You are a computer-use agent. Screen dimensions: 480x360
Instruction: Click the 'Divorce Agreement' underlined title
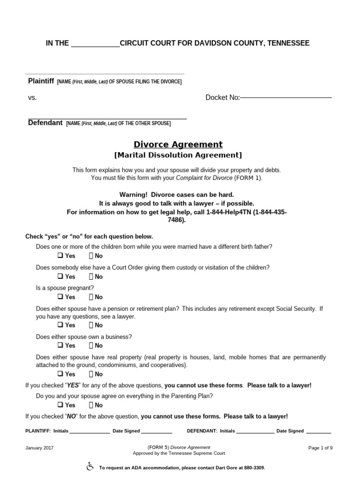[x=178, y=144]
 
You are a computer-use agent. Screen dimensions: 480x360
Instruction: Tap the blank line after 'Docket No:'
[x=286, y=97]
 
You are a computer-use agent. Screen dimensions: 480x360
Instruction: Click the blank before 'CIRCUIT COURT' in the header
[x=95, y=44]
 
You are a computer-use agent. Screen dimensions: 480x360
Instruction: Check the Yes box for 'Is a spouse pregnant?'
[x=60, y=297]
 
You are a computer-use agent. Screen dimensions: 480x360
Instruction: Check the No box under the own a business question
[x=91, y=345]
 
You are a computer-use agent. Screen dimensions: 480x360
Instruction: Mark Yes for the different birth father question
[x=60, y=256]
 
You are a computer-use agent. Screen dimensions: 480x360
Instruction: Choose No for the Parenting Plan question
[x=91, y=405]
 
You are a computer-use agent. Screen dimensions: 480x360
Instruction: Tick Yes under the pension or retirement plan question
[x=60, y=325]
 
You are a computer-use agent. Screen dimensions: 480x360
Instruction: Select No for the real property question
[x=91, y=374]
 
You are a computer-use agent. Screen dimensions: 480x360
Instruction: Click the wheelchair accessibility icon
[x=90, y=467]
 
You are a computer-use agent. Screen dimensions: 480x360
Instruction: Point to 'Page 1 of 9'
[x=320, y=448]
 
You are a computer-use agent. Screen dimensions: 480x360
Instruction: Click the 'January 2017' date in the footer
[x=39, y=448]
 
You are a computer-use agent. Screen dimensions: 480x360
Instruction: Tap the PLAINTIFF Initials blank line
[x=90, y=431]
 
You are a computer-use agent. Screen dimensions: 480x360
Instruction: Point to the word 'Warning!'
[x=133, y=195]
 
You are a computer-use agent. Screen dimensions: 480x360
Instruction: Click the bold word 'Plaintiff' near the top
[x=41, y=81]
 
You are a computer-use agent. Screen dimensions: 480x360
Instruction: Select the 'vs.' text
[x=32, y=97]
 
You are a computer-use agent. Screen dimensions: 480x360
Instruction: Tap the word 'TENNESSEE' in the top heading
[x=289, y=43]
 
